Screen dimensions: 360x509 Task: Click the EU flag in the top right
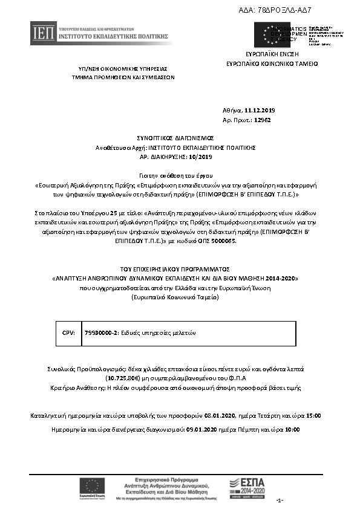point(267,33)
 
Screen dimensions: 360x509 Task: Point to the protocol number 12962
point(261,120)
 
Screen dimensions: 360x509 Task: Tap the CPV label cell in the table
point(68,333)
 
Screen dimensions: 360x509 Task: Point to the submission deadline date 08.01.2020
point(218,416)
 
